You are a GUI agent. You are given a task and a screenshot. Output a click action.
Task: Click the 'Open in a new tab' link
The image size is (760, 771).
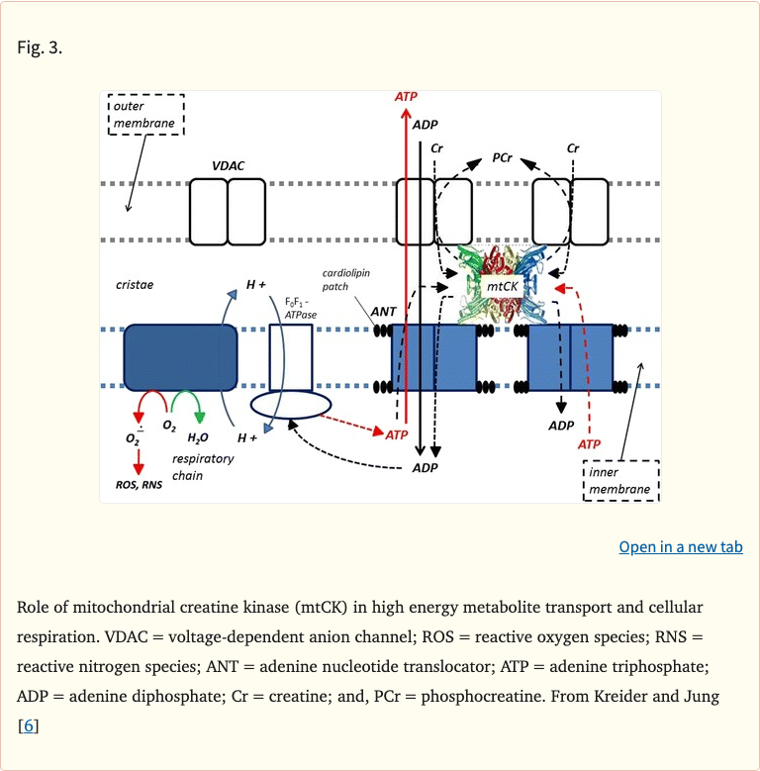coord(680,547)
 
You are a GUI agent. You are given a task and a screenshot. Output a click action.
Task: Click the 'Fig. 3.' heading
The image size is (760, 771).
coord(41,47)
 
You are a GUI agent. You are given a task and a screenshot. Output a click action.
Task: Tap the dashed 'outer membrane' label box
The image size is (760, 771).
coord(144,115)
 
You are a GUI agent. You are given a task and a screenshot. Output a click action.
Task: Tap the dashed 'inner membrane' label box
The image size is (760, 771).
coord(620,481)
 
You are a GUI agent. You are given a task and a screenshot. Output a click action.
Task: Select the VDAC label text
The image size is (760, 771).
coord(227,166)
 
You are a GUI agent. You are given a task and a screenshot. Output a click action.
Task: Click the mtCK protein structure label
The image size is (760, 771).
coord(503,286)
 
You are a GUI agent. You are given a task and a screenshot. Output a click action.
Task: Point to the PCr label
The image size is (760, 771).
coord(502,157)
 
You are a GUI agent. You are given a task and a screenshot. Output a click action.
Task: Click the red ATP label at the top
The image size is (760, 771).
coord(406,97)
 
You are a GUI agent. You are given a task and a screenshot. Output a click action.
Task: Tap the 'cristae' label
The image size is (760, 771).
coord(135,285)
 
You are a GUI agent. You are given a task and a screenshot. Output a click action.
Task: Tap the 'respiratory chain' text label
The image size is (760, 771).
coord(202,467)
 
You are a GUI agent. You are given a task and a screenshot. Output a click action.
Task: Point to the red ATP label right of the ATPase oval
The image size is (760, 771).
coord(397,434)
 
